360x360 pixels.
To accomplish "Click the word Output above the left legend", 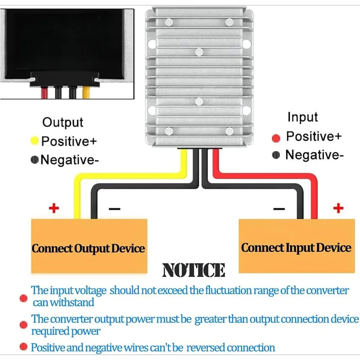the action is pyautogui.click(x=63, y=123).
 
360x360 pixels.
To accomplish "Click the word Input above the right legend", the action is pyautogui.click(x=303, y=117).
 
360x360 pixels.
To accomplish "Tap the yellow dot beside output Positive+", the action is pyautogui.click(x=35, y=141).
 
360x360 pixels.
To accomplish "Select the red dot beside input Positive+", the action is pyautogui.click(x=276, y=138).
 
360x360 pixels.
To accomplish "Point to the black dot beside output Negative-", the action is pyautogui.click(x=35, y=160).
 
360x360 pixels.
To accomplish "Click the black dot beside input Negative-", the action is pyautogui.click(x=276, y=155).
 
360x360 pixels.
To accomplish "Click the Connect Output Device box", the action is pyautogui.click(x=89, y=246).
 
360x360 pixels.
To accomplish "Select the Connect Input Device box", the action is pyautogui.click(x=297, y=246).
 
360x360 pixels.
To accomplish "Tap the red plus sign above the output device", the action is pyautogui.click(x=54, y=208).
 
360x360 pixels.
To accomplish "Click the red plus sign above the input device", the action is pyautogui.click(x=338, y=208).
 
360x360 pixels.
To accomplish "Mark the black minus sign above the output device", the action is pyautogui.click(x=114, y=209).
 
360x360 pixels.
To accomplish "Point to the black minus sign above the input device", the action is pyautogui.click(x=279, y=209).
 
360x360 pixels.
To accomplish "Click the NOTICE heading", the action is pyautogui.click(x=194, y=270).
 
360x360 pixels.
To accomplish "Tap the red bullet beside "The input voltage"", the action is pyautogui.click(x=23, y=298).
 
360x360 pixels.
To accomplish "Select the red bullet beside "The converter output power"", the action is pyautogui.click(x=23, y=325).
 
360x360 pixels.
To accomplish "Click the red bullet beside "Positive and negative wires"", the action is pyautogui.click(x=23, y=347).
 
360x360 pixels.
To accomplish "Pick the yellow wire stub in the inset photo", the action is pyautogui.click(x=86, y=93).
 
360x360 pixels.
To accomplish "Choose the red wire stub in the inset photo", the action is pyautogui.click(x=44, y=93).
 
